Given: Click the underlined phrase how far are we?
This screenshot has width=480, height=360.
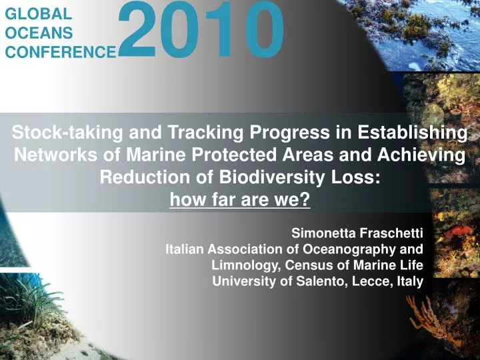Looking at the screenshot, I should pyautogui.click(x=240, y=199).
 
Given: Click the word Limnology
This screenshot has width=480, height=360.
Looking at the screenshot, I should pyautogui.click(x=244, y=265).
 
